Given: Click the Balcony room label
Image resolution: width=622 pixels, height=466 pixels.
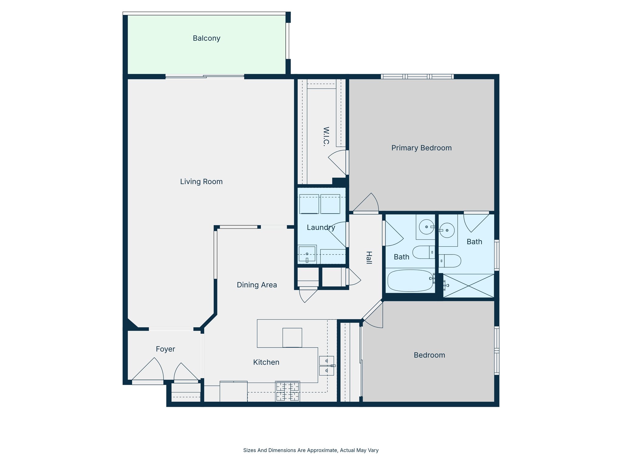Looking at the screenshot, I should click(x=207, y=38).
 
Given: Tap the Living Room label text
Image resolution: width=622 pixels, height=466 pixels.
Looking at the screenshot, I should click(x=201, y=181).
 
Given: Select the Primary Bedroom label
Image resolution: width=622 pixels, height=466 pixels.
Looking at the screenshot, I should click(x=421, y=148).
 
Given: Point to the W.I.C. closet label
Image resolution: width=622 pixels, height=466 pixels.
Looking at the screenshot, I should click(x=326, y=137).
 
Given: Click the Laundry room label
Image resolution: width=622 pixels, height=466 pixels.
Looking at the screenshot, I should click(x=321, y=227).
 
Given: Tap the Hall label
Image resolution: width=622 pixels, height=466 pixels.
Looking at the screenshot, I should click(x=369, y=258).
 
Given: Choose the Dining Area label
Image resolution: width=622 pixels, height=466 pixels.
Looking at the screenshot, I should click(x=257, y=285).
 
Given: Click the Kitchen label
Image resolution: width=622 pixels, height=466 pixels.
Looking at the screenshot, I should click(x=266, y=362).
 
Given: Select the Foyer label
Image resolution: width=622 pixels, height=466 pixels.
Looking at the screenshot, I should click(x=165, y=349).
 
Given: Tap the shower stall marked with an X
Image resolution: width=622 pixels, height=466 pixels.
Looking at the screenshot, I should click(x=469, y=285).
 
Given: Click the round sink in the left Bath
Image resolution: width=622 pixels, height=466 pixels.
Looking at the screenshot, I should click(x=426, y=227).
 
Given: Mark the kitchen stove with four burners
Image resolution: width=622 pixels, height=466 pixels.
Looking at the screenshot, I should click(x=287, y=391).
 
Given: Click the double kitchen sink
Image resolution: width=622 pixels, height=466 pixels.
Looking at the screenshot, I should click(x=326, y=366).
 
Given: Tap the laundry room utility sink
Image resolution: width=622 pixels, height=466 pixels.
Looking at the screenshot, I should click(x=307, y=254).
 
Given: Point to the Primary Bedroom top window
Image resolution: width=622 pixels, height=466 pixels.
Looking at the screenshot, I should click(x=417, y=76).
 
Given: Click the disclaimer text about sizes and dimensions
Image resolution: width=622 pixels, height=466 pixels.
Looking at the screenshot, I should click(x=311, y=450).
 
